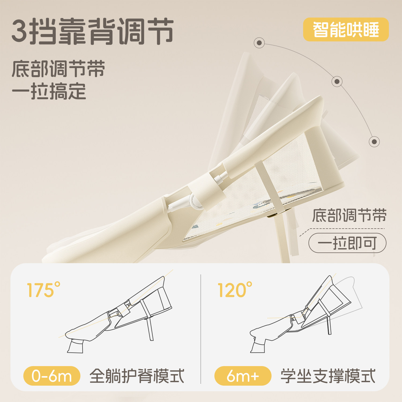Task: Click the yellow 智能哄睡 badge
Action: click(346, 29)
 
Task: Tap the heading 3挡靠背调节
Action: click(92, 31)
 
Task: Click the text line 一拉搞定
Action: click(49, 91)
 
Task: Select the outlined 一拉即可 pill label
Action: click(347, 243)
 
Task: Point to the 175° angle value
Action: click(43, 290)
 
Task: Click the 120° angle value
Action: click(235, 290)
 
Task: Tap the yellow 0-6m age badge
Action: click(52, 376)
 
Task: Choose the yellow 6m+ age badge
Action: click(243, 376)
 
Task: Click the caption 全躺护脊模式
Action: click(137, 376)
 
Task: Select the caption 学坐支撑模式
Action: click(328, 376)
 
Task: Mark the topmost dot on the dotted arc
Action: click(259, 43)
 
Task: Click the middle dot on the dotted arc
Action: click(337, 81)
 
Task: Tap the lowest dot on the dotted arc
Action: click(374, 142)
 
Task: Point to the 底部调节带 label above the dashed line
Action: click(349, 216)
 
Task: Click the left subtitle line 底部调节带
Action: click(58, 69)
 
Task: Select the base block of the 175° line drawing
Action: click(75, 347)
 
